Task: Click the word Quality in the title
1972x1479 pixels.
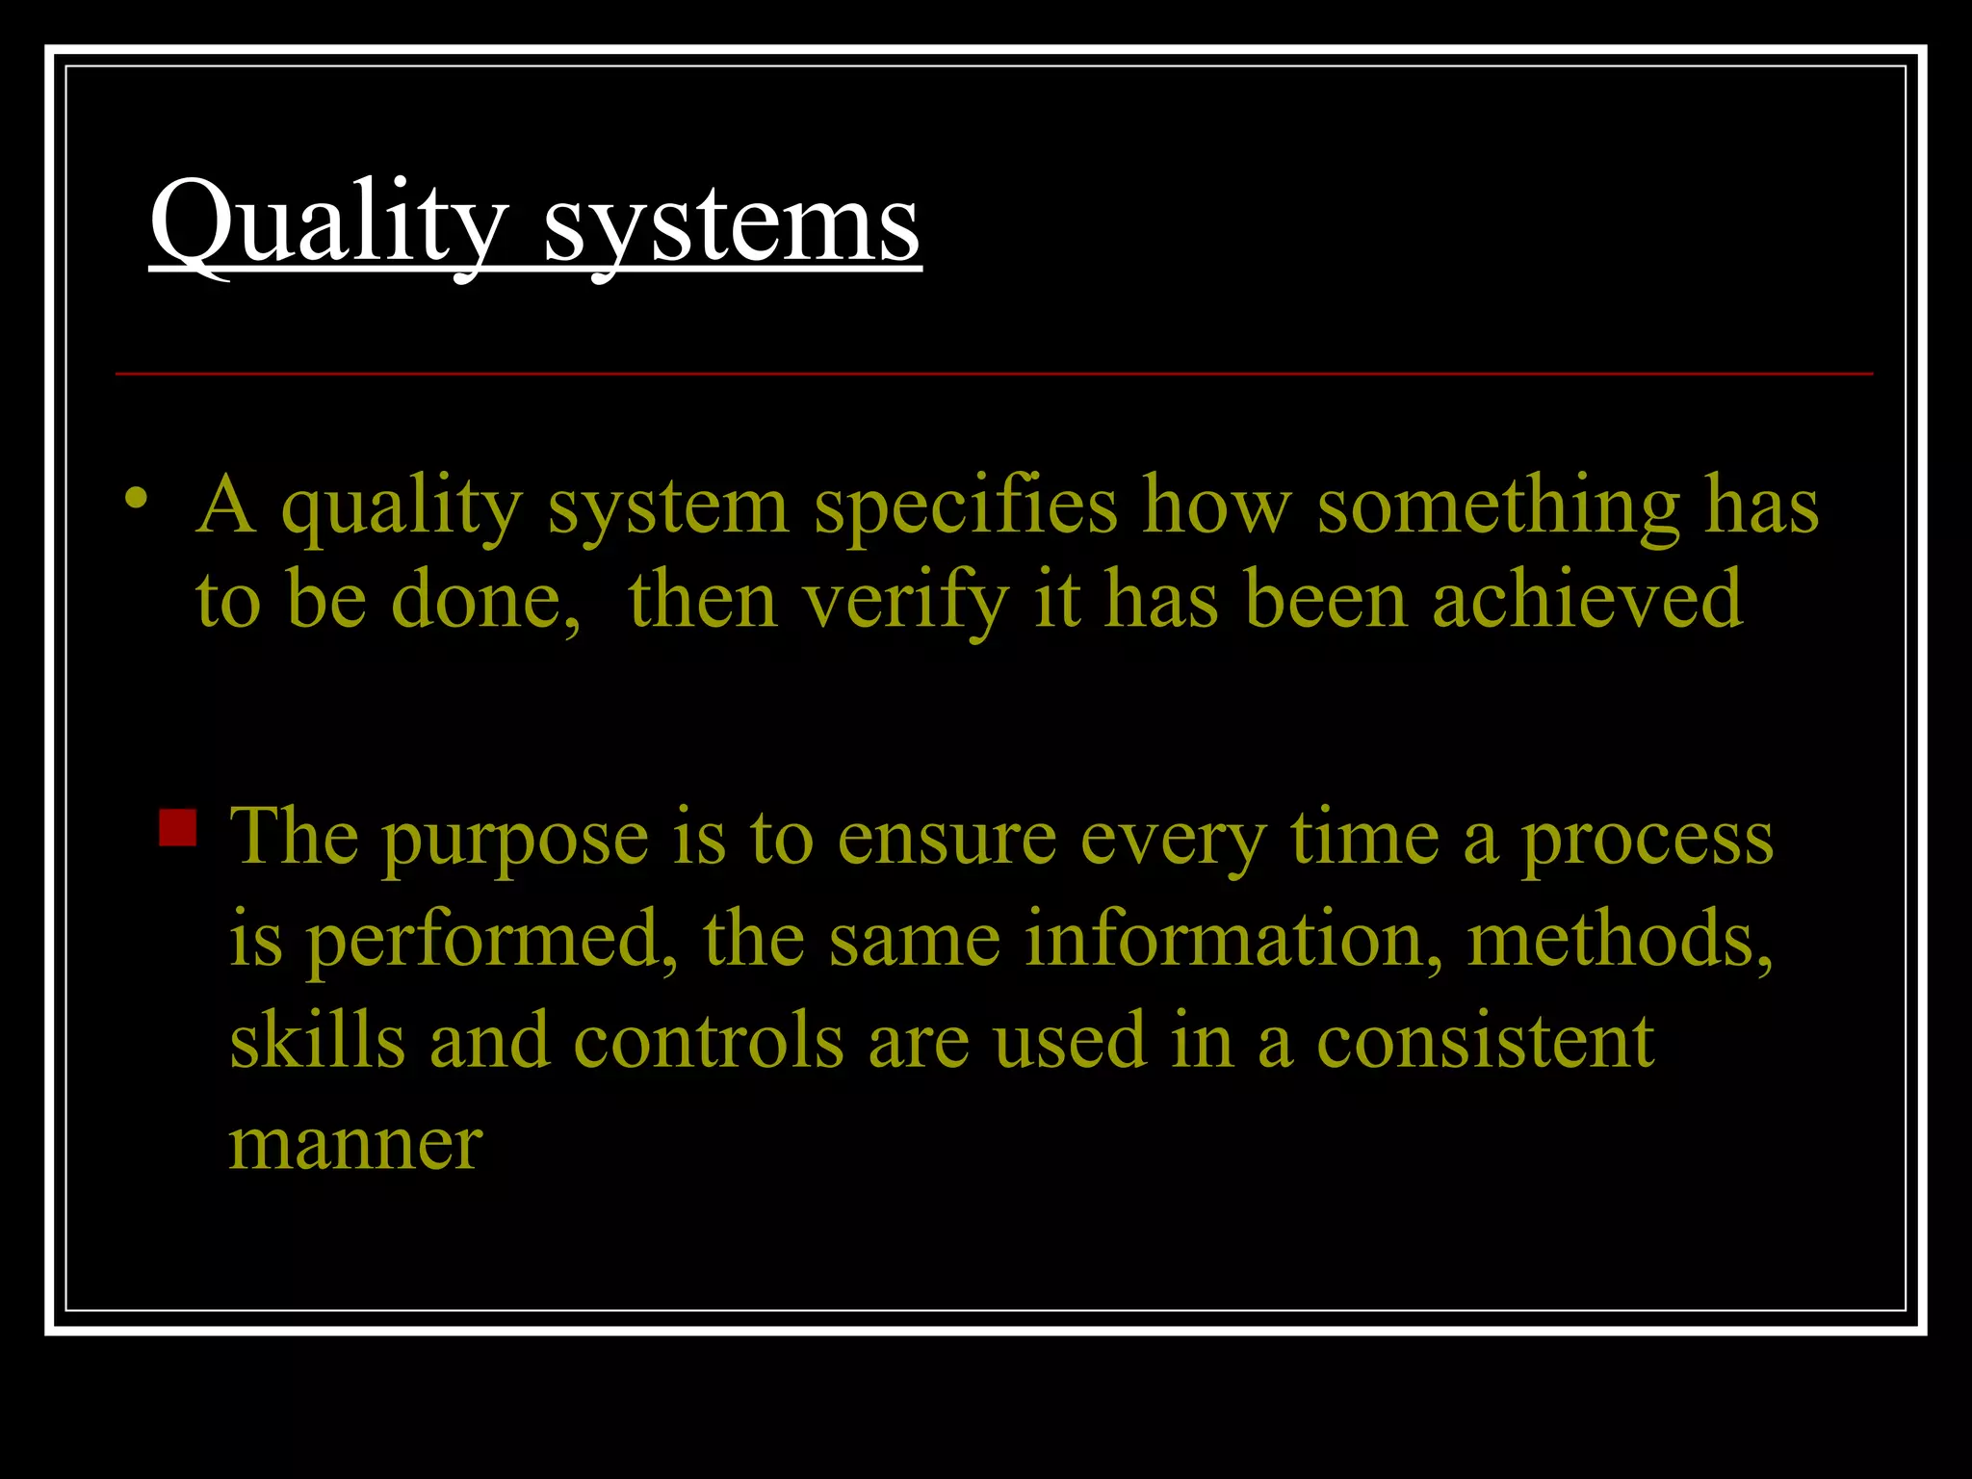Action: pyautogui.click(x=328, y=224)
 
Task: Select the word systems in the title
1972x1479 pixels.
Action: pyautogui.click(x=732, y=224)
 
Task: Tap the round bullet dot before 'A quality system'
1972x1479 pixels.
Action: pyautogui.click(x=137, y=499)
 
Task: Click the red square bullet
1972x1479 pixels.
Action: pyautogui.click(x=177, y=827)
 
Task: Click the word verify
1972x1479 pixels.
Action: pyautogui.click(x=905, y=600)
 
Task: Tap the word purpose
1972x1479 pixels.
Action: pyautogui.click(x=515, y=838)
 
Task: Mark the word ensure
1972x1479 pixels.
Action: pyautogui.click(x=947, y=838)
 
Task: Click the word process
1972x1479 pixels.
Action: pyautogui.click(x=1647, y=838)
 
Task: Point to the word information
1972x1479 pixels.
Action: pyautogui.click(x=1233, y=939)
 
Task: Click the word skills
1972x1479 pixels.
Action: pyautogui.click(x=318, y=1041)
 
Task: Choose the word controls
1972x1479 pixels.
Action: pyautogui.click(x=709, y=1041)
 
